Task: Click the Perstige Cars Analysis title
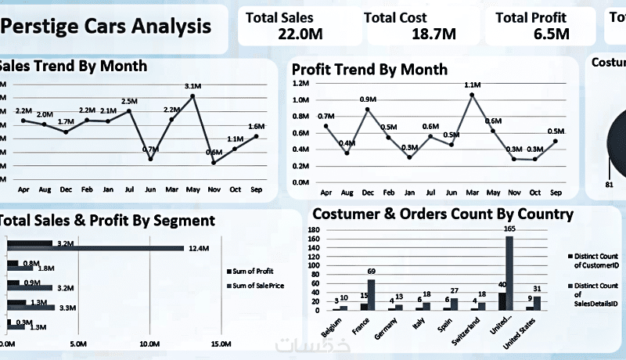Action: click(107, 27)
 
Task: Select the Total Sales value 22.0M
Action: click(300, 33)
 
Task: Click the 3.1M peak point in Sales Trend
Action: click(193, 95)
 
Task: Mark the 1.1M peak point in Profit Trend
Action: click(472, 95)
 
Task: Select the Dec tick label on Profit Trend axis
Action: click(367, 191)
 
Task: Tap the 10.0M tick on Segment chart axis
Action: click(149, 344)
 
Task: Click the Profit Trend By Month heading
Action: click(369, 69)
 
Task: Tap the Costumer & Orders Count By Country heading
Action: click(442, 214)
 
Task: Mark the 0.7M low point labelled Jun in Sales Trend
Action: click(150, 159)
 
